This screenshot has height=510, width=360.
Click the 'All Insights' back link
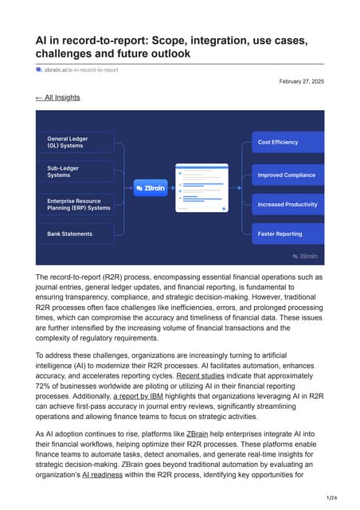pyautogui.click(x=58, y=97)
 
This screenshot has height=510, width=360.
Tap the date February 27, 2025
pyautogui.click(x=302, y=82)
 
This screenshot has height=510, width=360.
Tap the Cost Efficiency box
pyautogui.click(x=288, y=142)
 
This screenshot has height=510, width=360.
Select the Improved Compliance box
pyautogui.click(x=288, y=175)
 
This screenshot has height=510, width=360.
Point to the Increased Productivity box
pyautogui.click(x=288, y=204)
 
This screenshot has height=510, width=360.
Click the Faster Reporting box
pyautogui.click(x=288, y=233)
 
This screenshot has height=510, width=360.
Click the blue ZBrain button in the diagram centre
pyautogui.click(x=151, y=190)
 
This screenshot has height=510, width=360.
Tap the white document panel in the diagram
pyautogui.click(x=202, y=187)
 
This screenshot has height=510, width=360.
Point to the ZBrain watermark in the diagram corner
pyautogui.click(x=305, y=256)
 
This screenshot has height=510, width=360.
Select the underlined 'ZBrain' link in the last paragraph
pyautogui.click(x=198, y=433)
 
